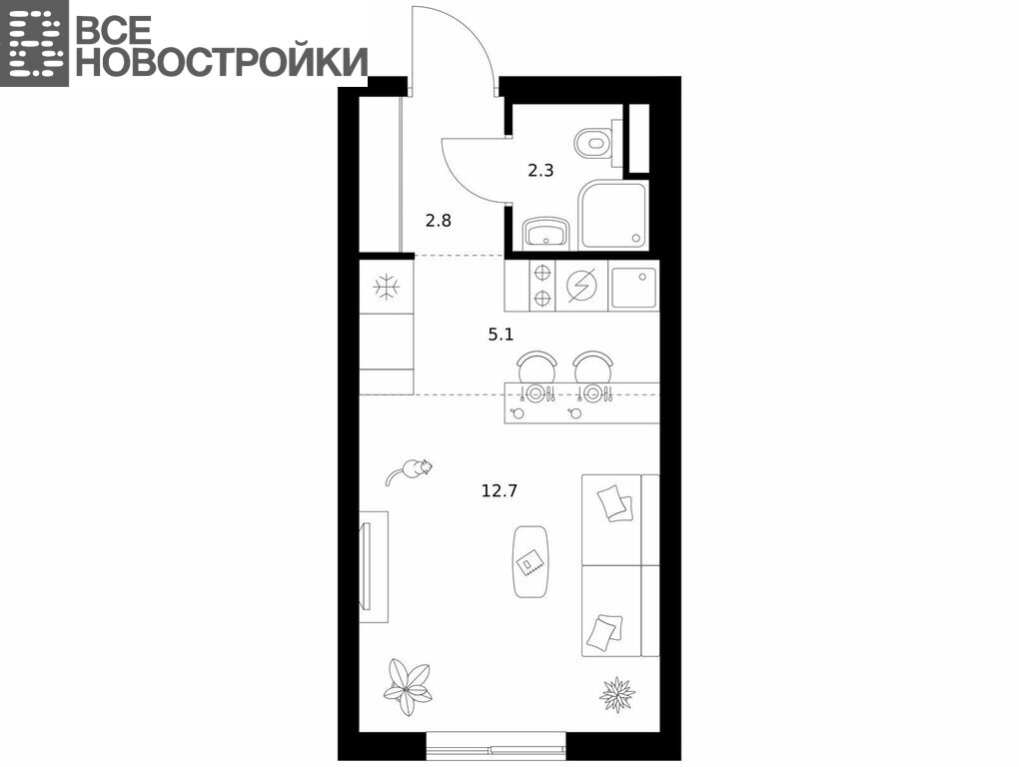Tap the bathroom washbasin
tap(545, 233)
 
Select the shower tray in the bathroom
tap(614, 215)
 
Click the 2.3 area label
tap(540, 171)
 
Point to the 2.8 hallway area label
tap(438, 221)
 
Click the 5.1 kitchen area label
tap(502, 335)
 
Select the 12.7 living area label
tap(500, 490)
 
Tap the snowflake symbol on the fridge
tap(387, 287)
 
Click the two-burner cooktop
tap(542, 286)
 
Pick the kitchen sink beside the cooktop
tap(634, 288)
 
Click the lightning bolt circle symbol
tap(581, 286)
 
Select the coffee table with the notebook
tap(530, 561)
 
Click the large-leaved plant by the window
tap(408, 687)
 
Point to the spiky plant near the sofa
tap(616, 695)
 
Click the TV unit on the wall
tap(374, 567)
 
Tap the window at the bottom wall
tap(496, 746)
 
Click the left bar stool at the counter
tap(536, 367)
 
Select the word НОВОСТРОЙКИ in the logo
tap(221, 62)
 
